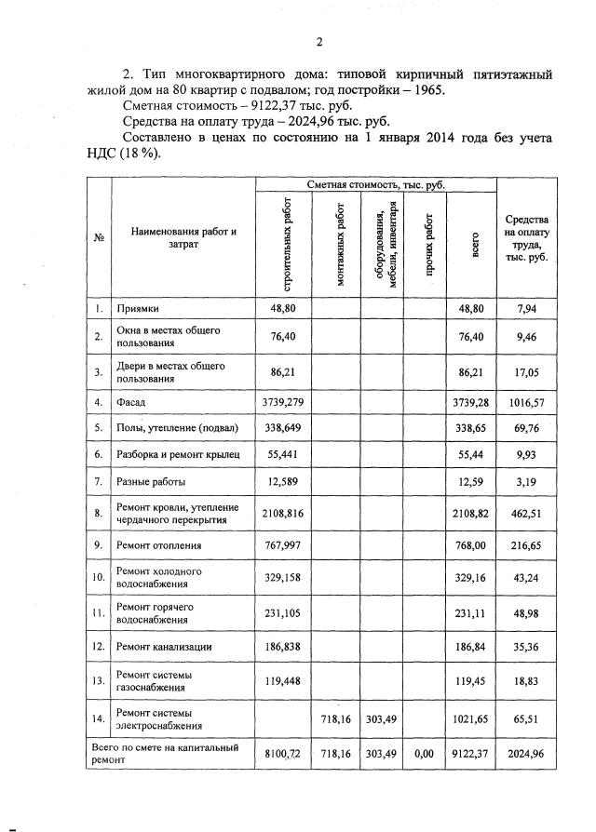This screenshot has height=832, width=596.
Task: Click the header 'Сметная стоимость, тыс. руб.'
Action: click(376, 186)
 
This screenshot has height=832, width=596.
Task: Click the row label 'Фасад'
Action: click(130, 402)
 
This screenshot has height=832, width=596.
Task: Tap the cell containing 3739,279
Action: click(282, 402)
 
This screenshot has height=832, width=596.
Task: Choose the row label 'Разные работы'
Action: click(150, 481)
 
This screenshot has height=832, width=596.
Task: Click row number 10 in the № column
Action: click(98, 578)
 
